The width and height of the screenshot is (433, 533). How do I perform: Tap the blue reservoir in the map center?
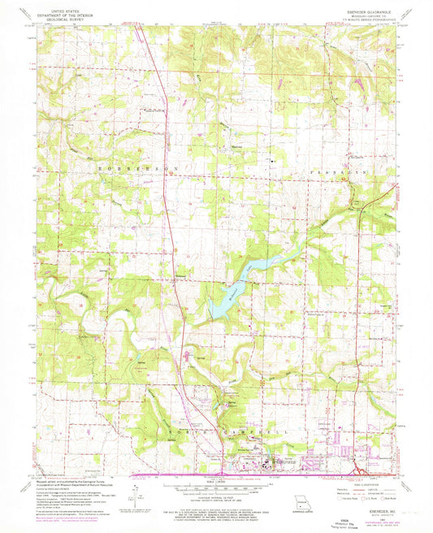[x=244, y=280]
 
